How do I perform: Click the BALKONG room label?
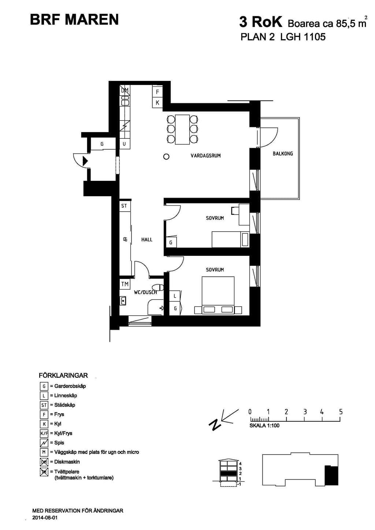[283, 154]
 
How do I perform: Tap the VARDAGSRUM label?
[205, 156]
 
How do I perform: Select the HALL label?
[147, 240]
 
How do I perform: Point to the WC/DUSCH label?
[145, 292]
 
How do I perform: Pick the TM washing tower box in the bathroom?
[125, 284]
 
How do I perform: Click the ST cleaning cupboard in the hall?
[124, 206]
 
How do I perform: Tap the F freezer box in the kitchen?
[157, 92]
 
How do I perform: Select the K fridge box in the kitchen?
[157, 103]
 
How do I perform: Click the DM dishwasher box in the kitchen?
[125, 90]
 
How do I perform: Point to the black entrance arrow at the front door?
[85, 161]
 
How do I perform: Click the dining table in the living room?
[182, 130]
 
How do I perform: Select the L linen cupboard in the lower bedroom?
[175, 296]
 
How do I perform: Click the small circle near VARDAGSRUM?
[166, 156]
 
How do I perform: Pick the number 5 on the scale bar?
[341, 412]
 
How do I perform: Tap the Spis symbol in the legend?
[44, 442]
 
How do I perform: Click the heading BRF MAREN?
[74, 20]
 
